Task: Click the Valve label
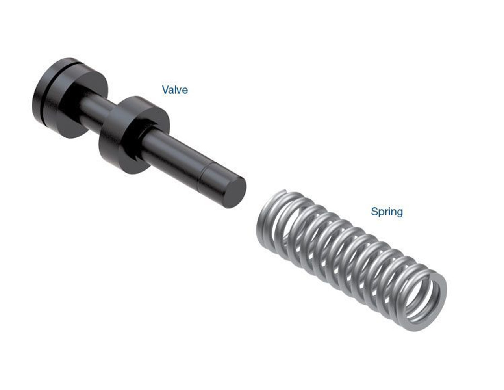point(175,90)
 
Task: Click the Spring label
point(387,212)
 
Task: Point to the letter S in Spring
point(374,212)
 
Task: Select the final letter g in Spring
point(399,213)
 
